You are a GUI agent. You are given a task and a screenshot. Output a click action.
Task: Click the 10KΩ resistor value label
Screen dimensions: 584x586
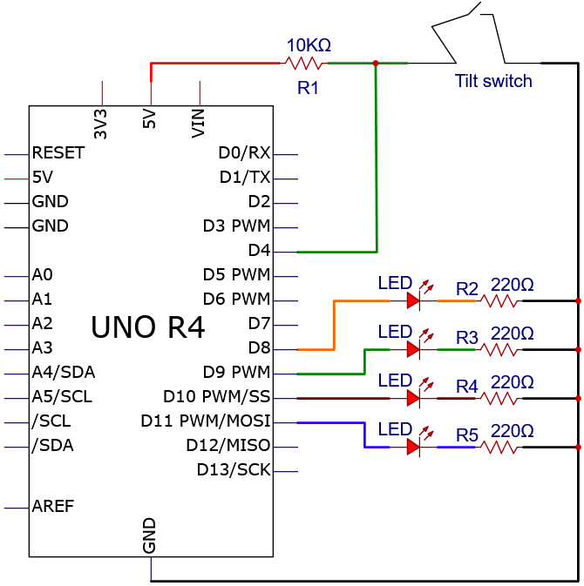pyautogui.click(x=309, y=45)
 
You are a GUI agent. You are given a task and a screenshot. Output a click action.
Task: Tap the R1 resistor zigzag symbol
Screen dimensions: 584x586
pyautogui.click(x=303, y=64)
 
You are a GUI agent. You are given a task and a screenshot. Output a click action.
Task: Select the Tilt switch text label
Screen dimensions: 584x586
pyautogui.click(x=493, y=81)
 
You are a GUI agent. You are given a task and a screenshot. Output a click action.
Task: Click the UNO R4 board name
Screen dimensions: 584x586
pyautogui.click(x=148, y=327)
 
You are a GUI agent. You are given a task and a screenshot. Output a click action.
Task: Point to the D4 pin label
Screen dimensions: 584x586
pyautogui.click(x=259, y=250)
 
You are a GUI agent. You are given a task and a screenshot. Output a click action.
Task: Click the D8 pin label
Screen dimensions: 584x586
pyautogui.click(x=259, y=347)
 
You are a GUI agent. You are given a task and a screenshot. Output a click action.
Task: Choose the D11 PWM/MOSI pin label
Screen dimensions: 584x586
pyautogui.click(x=206, y=421)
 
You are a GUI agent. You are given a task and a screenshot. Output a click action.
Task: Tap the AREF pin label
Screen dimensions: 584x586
pyautogui.click(x=53, y=506)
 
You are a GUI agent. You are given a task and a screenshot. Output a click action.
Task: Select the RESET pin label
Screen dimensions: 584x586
pyautogui.click(x=58, y=152)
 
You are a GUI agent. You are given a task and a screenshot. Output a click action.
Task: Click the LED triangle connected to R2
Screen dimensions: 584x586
pyautogui.click(x=413, y=300)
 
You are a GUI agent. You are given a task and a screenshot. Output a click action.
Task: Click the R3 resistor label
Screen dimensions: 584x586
pyautogui.click(x=467, y=338)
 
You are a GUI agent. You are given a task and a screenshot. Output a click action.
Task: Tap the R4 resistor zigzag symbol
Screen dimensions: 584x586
pyautogui.click(x=499, y=399)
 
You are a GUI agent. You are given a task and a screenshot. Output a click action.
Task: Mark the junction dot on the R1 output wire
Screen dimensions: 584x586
pyautogui.click(x=376, y=64)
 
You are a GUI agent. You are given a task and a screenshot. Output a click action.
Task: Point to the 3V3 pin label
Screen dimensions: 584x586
pyautogui.click(x=100, y=124)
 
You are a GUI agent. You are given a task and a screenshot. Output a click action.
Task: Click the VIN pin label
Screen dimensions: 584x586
pyautogui.click(x=198, y=124)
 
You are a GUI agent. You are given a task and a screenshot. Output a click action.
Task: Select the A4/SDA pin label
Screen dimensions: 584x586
pyautogui.click(x=64, y=372)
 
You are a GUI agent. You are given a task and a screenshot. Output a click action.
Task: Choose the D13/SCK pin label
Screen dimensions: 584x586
pyautogui.click(x=234, y=470)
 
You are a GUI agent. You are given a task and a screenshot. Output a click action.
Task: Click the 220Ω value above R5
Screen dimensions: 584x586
pyautogui.click(x=513, y=431)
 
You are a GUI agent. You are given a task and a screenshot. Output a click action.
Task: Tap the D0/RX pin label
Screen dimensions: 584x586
pyautogui.click(x=244, y=152)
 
